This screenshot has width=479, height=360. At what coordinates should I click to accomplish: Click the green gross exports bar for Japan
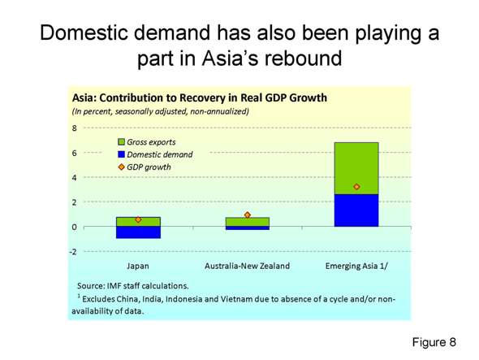[138, 221]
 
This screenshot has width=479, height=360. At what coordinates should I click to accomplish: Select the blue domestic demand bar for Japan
[138, 232]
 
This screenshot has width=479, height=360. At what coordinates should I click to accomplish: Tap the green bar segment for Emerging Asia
[356, 167]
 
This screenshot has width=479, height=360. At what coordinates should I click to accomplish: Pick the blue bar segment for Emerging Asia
[356, 210]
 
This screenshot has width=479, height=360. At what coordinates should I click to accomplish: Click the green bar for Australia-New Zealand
[247, 222]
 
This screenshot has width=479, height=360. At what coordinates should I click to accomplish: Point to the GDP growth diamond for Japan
[138, 219]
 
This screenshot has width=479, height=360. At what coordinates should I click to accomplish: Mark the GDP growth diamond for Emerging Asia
[356, 187]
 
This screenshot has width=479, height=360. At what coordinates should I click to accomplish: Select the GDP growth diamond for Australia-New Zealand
[247, 215]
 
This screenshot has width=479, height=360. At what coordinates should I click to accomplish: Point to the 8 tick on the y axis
[74, 128]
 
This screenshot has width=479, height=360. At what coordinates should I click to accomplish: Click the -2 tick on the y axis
[73, 251]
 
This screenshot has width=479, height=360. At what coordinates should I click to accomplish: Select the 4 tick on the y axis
[74, 177]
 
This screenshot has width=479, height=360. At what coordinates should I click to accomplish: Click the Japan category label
[138, 266]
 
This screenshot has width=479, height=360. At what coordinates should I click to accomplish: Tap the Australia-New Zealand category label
[247, 266]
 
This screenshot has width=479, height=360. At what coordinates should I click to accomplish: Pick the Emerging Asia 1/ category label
[356, 266]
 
